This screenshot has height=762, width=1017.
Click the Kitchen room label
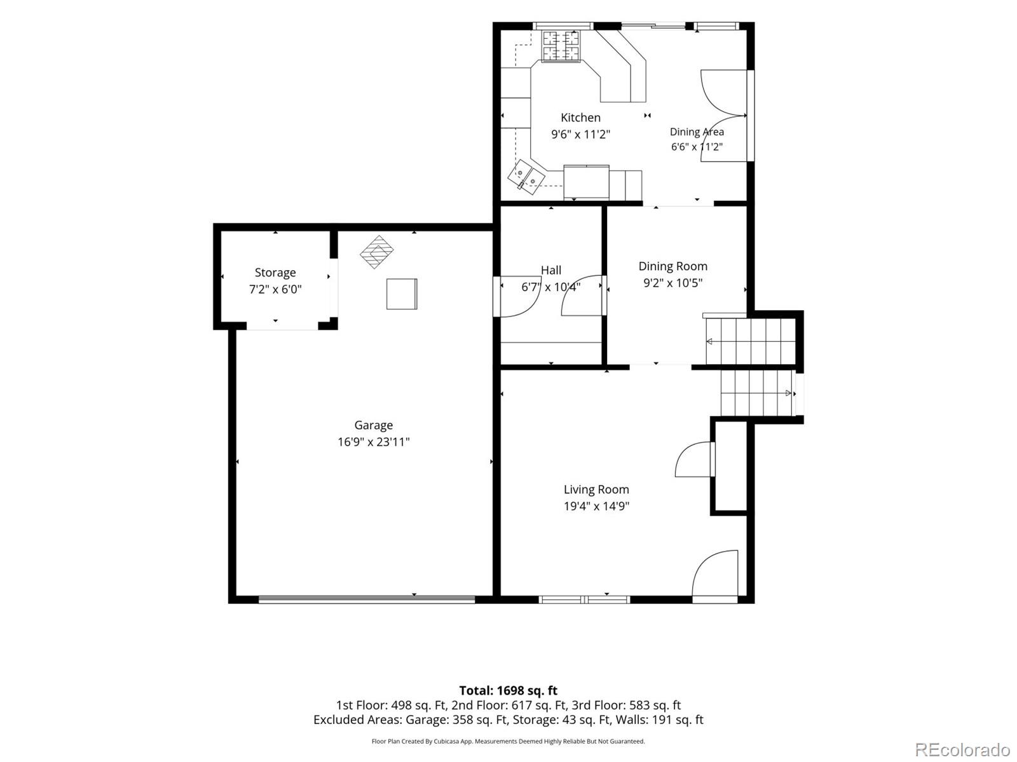(x=580, y=118)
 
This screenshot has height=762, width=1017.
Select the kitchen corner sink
(x=526, y=176)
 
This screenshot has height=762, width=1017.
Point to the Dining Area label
(x=697, y=132)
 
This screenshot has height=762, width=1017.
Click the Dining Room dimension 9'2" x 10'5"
(x=672, y=283)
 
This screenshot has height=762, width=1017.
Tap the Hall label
(x=551, y=270)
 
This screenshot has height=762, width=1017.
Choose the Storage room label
(x=275, y=273)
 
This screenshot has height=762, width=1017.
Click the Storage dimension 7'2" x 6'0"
(x=275, y=290)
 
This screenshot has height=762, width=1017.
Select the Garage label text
(x=374, y=425)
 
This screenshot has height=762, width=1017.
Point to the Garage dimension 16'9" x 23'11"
(x=374, y=442)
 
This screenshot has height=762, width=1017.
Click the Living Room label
(x=596, y=489)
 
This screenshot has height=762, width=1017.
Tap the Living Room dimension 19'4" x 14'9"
(x=596, y=506)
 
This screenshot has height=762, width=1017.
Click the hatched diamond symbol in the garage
(x=377, y=252)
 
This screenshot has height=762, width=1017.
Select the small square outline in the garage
(x=402, y=294)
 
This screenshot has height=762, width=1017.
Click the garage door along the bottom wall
(x=367, y=599)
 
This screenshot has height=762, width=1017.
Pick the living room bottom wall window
(x=584, y=600)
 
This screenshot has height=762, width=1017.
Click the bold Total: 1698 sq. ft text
(x=508, y=691)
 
